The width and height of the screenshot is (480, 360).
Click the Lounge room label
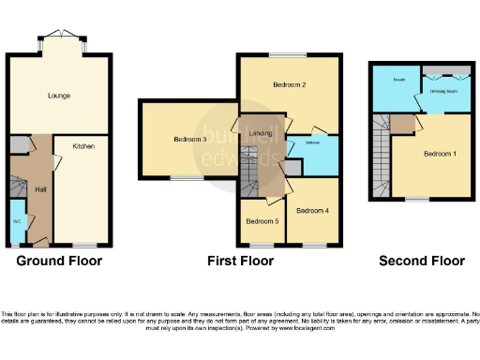tap(59, 96)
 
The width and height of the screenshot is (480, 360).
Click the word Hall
tap(41, 189)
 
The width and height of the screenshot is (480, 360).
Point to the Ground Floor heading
tap(59, 261)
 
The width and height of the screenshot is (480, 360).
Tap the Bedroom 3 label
tap(190, 140)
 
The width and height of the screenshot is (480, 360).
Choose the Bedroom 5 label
tap(262, 221)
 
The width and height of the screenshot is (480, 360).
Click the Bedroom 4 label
tap(312, 211)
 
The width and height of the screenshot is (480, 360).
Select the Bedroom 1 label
tap(440, 154)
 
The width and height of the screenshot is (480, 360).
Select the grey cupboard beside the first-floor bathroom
tap(293, 167)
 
